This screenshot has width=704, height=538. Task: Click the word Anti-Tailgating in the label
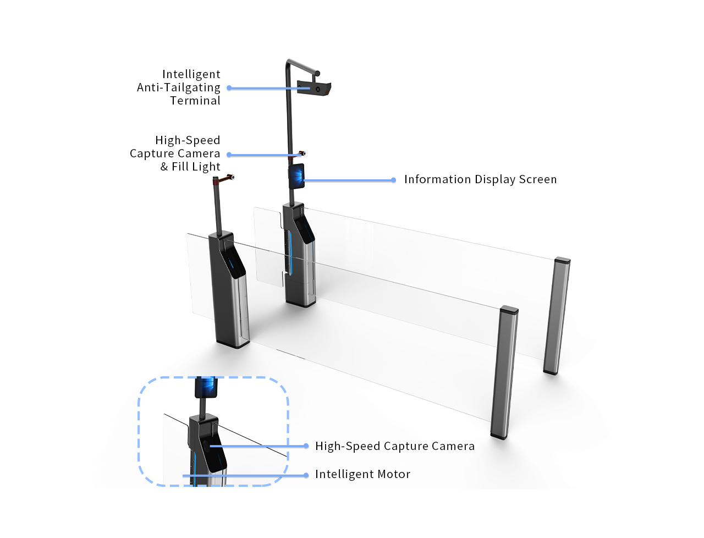coord(178,87)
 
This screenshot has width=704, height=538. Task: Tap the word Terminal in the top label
coord(195,101)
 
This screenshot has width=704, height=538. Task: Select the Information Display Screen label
coord(480,179)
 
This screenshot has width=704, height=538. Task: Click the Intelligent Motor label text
coord(362,474)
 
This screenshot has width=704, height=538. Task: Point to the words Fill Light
coord(196,167)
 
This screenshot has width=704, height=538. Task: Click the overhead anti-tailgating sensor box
coord(313,87)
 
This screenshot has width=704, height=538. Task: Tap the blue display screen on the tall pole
coord(296,176)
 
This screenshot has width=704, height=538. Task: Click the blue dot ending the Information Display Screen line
coord(393,180)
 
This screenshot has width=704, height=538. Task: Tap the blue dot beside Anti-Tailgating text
coord(229,88)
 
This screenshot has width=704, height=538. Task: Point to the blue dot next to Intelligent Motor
coord(306,475)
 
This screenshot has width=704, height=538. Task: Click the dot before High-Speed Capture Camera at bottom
coord(306,446)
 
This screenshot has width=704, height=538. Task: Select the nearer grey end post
coord(504,372)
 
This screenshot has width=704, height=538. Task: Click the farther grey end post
coord(557,315)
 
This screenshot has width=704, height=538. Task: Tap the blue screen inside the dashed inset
coord(206,387)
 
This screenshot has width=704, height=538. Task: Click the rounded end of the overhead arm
coord(317,74)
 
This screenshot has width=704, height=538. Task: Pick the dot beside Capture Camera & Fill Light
coord(229,155)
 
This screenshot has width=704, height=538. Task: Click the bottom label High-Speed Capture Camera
coord(394,446)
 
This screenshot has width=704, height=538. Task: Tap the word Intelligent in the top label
coord(191,74)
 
